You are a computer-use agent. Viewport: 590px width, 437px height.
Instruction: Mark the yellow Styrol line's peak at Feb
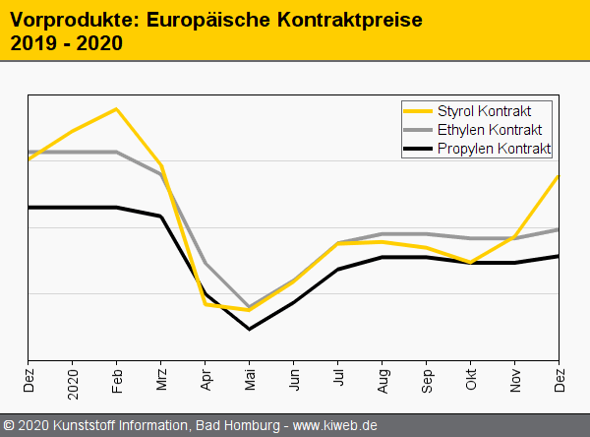pyautogui.click(x=117, y=108)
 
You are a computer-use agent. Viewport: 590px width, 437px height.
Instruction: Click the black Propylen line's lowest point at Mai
pyautogui.click(x=250, y=329)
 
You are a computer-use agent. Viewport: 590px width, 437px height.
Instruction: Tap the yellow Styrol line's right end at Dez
pyautogui.click(x=559, y=176)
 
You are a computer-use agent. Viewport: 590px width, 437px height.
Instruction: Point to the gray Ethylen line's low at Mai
pyautogui.click(x=250, y=307)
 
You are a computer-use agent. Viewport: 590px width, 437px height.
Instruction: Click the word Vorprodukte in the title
pyautogui.click(x=64, y=20)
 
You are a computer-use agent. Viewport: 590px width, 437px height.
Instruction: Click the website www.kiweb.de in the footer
pyautogui.click(x=335, y=426)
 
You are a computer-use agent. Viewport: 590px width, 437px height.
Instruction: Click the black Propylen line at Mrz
pyautogui.click(x=161, y=217)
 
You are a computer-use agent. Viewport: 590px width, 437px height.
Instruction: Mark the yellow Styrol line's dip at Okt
pyautogui.click(x=471, y=263)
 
